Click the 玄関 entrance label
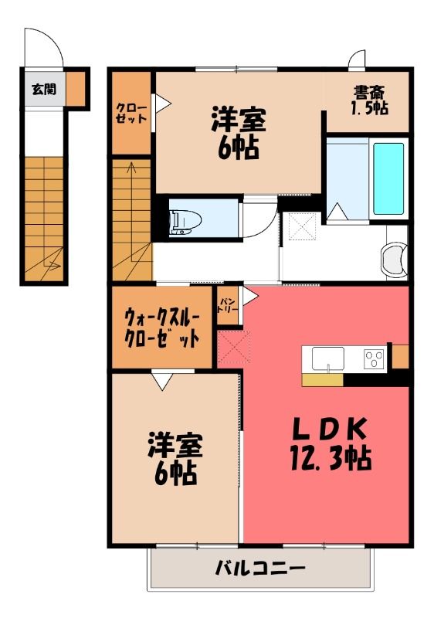click(x=44, y=90)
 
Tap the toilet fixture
click(x=185, y=223)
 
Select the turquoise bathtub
click(x=388, y=179)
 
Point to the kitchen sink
click(x=327, y=358)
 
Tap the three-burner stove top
click(x=374, y=359)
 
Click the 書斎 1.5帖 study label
click(x=369, y=100)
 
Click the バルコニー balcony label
click(x=260, y=568)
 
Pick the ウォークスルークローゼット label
click(x=162, y=328)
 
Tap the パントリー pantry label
click(x=227, y=305)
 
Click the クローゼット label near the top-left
click(x=131, y=114)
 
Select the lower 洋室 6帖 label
click(x=175, y=459)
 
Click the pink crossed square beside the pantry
click(x=234, y=347)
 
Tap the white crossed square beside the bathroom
click(x=303, y=226)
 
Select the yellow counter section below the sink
click(x=323, y=380)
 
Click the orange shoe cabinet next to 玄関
click(x=75, y=89)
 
